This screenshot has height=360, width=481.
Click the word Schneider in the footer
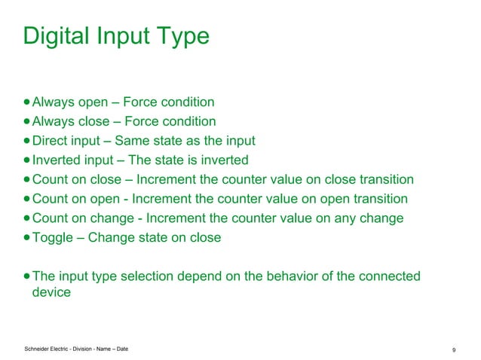click(39, 348)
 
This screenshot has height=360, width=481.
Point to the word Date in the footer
click(130, 348)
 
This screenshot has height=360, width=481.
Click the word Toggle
click(54, 238)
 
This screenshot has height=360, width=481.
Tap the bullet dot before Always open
click(27, 102)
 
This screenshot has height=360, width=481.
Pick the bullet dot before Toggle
click(27, 238)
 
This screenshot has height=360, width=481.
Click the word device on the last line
click(51, 292)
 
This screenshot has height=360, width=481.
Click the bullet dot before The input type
click(27, 276)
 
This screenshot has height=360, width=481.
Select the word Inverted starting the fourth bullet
click(57, 160)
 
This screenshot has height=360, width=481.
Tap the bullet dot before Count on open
click(27, 199)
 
